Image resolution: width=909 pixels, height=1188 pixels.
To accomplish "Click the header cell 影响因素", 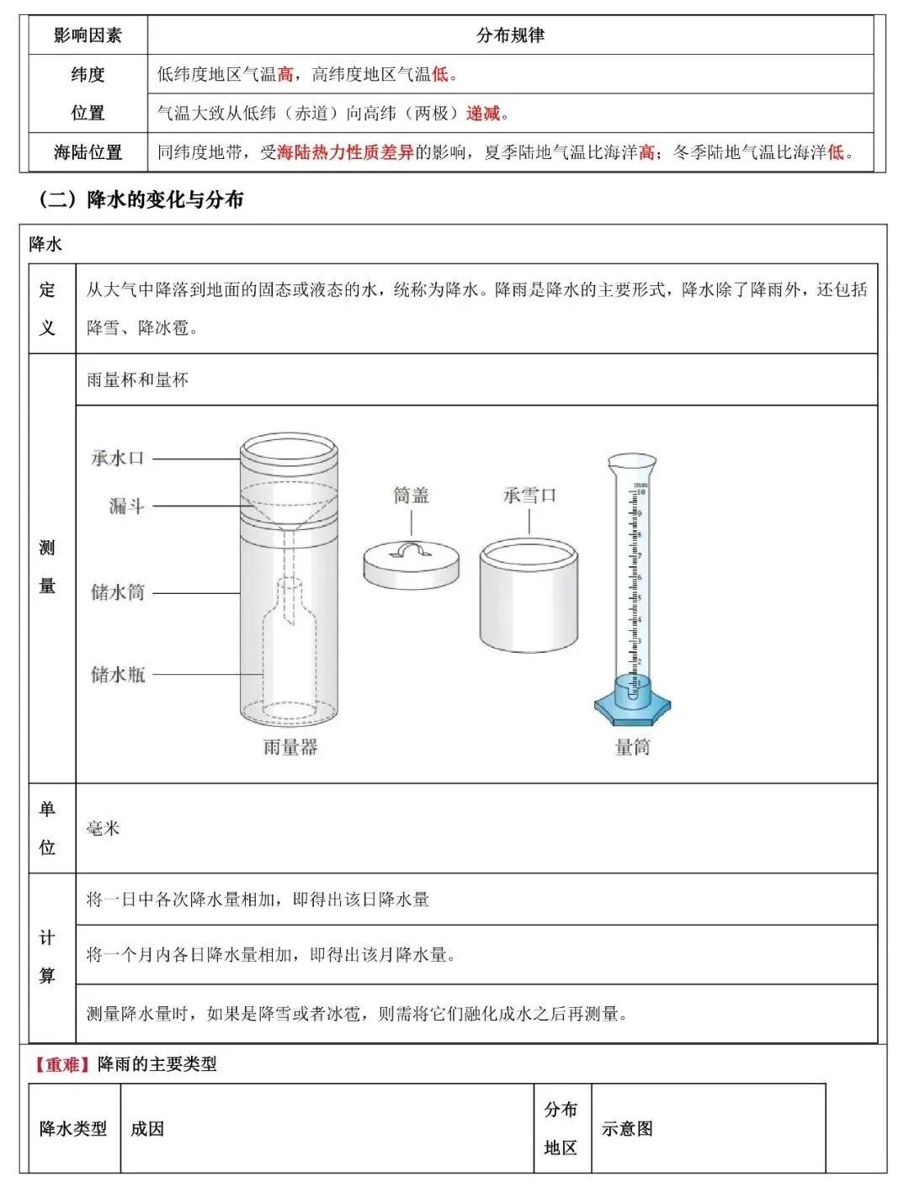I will (88, 35).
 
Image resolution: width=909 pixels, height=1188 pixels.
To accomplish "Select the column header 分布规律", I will (510, 35).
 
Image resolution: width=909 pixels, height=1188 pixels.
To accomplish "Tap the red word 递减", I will (483, 114).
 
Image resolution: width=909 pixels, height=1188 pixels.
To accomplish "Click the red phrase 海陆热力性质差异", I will (345, 152).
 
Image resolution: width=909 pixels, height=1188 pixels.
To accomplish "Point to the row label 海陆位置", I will (88, 152).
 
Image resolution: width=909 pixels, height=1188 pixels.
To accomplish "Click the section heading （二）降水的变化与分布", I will (141, 199).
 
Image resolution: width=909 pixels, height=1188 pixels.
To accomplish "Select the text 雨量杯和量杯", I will (137, 380).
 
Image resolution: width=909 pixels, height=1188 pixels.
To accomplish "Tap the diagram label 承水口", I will (118, 459).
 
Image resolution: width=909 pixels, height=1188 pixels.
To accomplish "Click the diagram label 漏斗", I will (126, 506).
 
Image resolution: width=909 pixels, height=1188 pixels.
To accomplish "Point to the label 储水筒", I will (118, 592).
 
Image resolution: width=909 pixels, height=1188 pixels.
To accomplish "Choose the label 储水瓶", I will (118, 674).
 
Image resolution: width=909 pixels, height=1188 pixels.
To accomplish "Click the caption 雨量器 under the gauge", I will (290, 747).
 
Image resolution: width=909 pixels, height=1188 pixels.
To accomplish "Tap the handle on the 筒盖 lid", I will (412, 550).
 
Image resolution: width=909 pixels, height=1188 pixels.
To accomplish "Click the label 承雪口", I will (529, 496).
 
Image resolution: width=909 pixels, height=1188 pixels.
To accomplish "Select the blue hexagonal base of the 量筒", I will (632, 710).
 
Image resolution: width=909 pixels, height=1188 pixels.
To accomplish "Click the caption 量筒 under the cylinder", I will (632, 747).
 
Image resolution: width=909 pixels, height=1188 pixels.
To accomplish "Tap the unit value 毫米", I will (104, 829).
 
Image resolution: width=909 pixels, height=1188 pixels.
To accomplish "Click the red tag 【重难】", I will (62, 1064).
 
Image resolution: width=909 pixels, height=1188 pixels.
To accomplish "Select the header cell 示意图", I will (627, 1129).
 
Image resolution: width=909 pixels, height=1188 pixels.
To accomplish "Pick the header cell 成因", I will (147, 1129).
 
